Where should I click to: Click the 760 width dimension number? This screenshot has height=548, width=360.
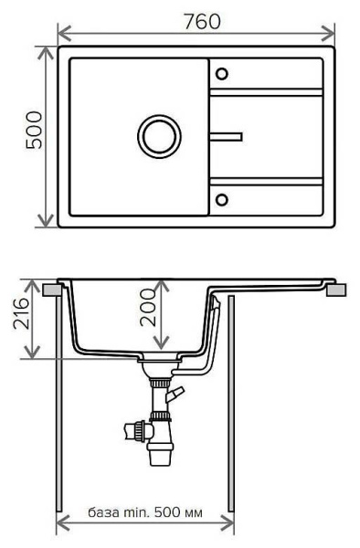pyautogui.click(x=201, y=21)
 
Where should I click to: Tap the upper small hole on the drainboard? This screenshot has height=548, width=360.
pyautogui.click(x=222, y=73)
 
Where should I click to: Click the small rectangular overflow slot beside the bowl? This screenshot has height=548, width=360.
pyautogui.click(x=227, y=137)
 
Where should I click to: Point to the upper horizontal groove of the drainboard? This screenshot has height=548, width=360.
pyautogui.click(x=266, y=91)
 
